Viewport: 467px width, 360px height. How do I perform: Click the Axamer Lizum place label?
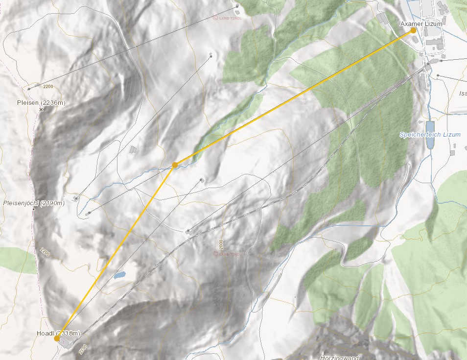pyautogui.click(x=421, y=24)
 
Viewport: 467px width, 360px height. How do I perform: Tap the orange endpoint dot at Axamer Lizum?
pyautogui.click(x=413, y=30)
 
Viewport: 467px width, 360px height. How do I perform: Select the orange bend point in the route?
pyautogui.click(x=175, y=165)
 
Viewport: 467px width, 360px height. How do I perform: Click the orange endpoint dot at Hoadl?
pyautogui.click(x=57, y=338)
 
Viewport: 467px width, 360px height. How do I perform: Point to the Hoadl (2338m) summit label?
pyautogui.click(x=58, y=333)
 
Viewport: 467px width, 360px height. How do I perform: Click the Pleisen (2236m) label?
pyautogui.click(x=41, y=102)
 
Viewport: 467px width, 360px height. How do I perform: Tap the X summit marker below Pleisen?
pyautogui.click(x=41, y=110)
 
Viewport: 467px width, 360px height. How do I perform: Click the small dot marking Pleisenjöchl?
pyautogui.click(x=33, y=209)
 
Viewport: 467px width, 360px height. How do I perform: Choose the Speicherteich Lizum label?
pyautogui.click(x=430, y=134)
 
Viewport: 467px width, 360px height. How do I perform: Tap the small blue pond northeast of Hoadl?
pyautogui.click(x=119, y=275)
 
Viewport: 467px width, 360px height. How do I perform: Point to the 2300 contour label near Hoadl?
pyautogui.click(x=83, y=348)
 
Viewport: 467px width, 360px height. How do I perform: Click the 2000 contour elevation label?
pyautogui.click(x=221, y=243)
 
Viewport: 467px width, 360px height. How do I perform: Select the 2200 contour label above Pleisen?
pyautogui.click(x=48, y=86)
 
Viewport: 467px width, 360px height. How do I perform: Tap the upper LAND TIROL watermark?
pyautogui.click(x=228, y=18)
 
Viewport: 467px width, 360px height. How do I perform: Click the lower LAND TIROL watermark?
pyautogui.click(x=228, y=254)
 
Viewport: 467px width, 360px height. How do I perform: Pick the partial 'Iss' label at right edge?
pyautogui.click(x=463, y=93)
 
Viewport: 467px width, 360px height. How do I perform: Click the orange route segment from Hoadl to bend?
pyautogui.click(x=116, y=251)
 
